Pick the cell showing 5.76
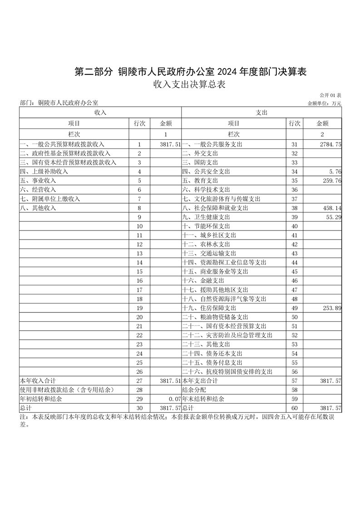point(335,171)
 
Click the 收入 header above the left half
point(100,112)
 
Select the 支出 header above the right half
point(262,112)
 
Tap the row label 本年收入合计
point(38,381)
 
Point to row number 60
point(294,408)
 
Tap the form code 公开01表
point(330,95)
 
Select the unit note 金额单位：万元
point(324,103)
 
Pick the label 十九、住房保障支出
point(209,308)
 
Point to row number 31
point(294,144)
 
